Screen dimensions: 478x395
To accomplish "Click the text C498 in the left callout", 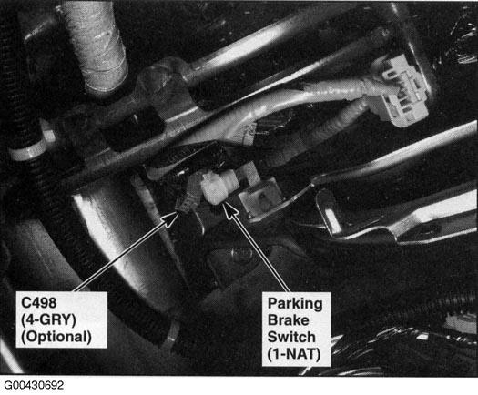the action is (x=39, y=303).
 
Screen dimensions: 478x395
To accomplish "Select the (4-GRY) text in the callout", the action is (x=48, y=319).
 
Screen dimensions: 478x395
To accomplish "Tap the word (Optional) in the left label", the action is (x=56, y=337).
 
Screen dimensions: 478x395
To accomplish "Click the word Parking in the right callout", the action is (x=295, y=304).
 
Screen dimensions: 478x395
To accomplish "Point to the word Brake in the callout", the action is (x=288, y=320).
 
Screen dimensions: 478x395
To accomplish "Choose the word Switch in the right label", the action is (x=291, y=337).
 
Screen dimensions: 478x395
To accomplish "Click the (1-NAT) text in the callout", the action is (x=294, y=354).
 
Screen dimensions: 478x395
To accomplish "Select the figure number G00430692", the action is (x=34, y=385).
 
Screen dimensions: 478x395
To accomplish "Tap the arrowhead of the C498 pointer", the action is (x=171, y=218).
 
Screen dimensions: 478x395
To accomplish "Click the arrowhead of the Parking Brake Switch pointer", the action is (x=230, y=210).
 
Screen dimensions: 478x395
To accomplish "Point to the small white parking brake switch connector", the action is (x=218, y=187).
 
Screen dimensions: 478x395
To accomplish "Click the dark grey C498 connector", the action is (x=188, y=199).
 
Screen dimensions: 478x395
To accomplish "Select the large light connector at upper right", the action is (x=400, y=90).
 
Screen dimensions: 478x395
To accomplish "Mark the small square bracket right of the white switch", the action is (x=259, y=197).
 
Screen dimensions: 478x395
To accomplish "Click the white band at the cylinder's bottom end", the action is (x=171, y=337).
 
